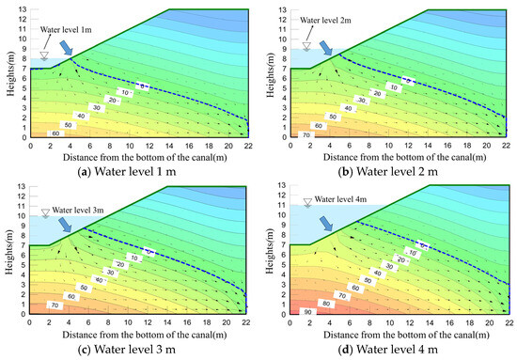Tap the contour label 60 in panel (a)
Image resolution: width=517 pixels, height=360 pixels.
coord(55,134)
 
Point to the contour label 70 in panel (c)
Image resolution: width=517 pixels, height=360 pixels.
coord(54,306)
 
